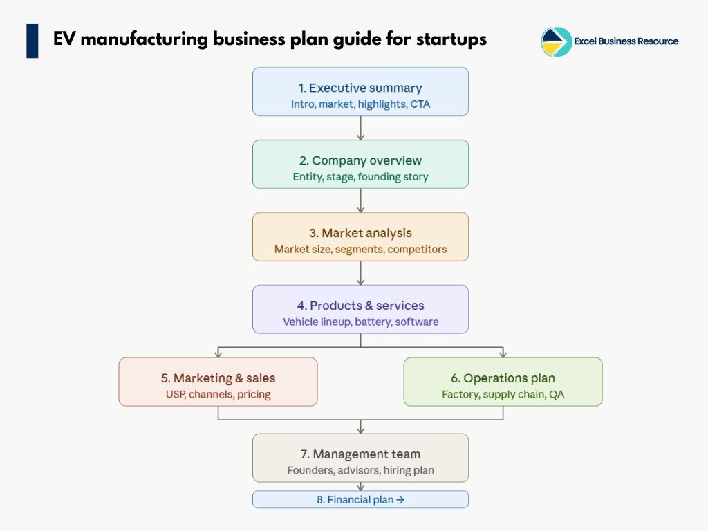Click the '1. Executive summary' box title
tap(360, 88)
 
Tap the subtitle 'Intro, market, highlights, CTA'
tap(360, 104)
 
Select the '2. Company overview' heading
tap(360, 160)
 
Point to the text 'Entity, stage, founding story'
tap(360, 176)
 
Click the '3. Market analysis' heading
tap(360, 233)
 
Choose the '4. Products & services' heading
tap(360, 306)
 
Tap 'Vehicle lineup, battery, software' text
tap(360, 322)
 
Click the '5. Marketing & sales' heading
tap(218, 378)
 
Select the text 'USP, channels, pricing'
tap(218, 394)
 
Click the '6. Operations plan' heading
tap(503, 378)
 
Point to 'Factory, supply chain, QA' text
tap(503, 394)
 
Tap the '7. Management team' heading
tap(360, 454)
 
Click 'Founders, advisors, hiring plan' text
tap(360, 470)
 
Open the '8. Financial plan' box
tap(360, 499)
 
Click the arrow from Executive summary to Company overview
tap(360, 128)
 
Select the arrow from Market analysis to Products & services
tap(360, 273)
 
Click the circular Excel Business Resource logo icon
tap(556, 41)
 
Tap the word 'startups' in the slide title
tap(451, 39)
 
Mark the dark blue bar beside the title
tap(32, 40)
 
